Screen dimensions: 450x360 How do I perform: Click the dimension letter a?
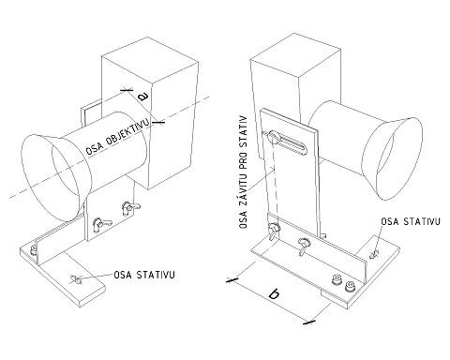[144, 97]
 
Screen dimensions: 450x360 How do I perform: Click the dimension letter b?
[274, 294]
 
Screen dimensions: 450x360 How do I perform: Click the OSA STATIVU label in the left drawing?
[144, 275]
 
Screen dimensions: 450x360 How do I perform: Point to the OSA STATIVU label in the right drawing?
[411, 221]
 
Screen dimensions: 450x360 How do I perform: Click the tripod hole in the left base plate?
[76, 279]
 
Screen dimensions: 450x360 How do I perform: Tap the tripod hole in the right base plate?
[373, 254]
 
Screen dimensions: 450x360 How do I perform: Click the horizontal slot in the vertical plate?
[288, 142]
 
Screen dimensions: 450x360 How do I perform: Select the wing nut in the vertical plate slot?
[273, 137]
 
